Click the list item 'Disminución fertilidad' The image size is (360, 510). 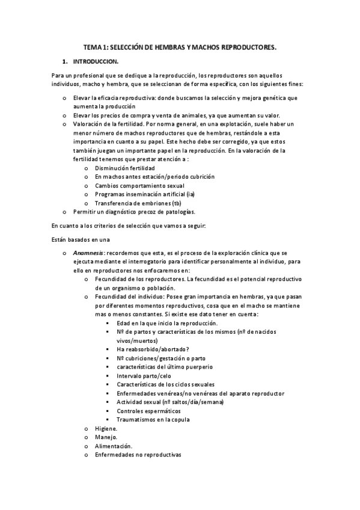point(124,168)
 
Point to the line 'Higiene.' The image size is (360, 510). point(106,428)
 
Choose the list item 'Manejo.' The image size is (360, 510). point(106,437)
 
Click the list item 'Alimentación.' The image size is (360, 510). point(114,446)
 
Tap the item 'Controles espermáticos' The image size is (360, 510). point(150,411)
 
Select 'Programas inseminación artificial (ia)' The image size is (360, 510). point(145,194)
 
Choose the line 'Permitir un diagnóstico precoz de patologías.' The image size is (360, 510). point(135,212)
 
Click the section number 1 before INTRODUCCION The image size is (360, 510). point(64,61)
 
